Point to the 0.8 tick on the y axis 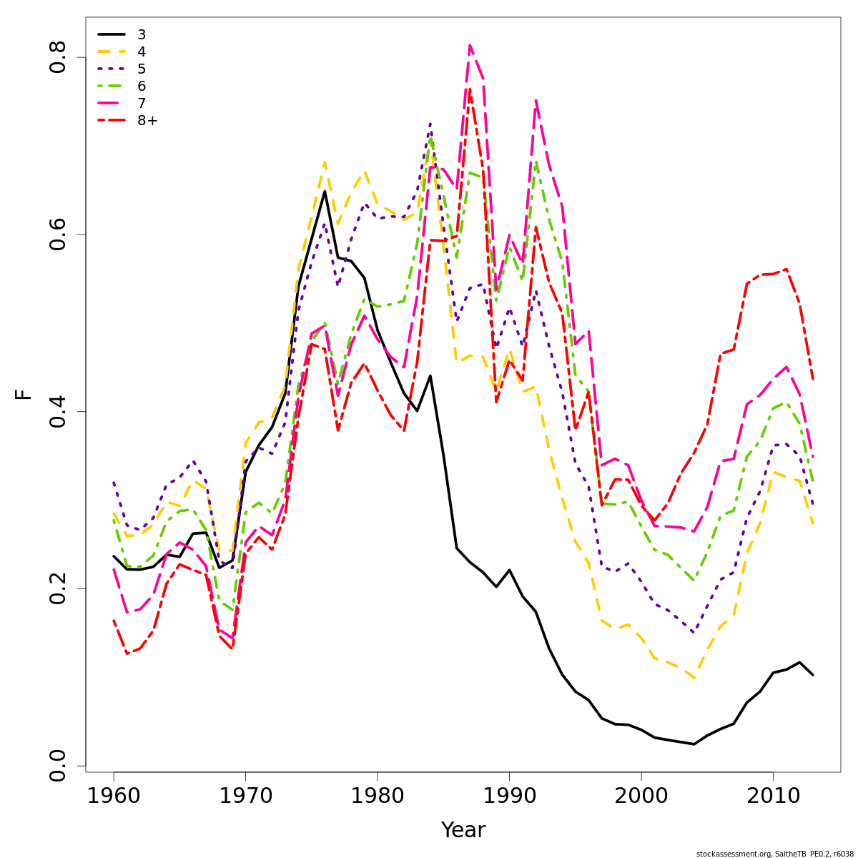pyautogui.click(x=57, y=56)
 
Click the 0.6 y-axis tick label pyautogui.click(x=57, y=234)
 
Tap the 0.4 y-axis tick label pyautogui.click(x=57, y=411)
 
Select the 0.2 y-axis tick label pyautogui.click(x=57, y=588)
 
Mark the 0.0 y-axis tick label pyautogui.click(x=57, y=766)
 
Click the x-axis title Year pyautogui.click(x=463, y=830)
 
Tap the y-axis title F pyautogui.click(x=24, y=395)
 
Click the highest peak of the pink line pyautogui.click(x=470, y=45)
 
